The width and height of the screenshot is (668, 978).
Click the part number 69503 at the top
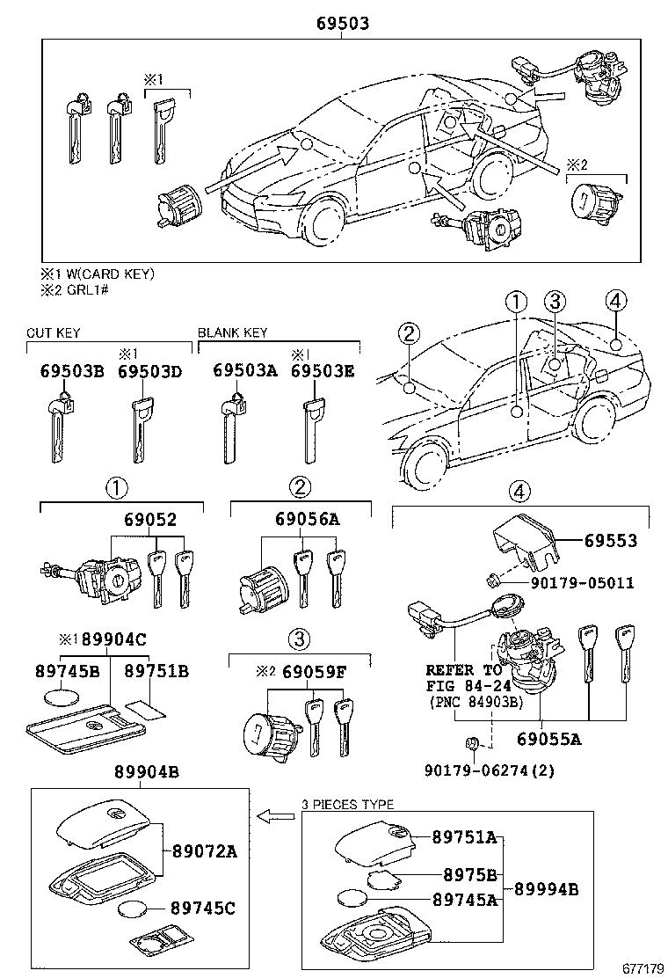point(342,24)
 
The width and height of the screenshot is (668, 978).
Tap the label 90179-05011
point(581,582)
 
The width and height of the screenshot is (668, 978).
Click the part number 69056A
point(310,520)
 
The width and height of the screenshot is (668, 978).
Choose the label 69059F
point(314,672)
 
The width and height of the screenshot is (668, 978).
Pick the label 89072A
point(205,851)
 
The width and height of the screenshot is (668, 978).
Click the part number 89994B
point(546,888)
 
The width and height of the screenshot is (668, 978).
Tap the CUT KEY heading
point(54,332)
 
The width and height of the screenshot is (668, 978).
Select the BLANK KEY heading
point(232,332)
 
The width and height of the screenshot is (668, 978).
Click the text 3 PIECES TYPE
point(347,804)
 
